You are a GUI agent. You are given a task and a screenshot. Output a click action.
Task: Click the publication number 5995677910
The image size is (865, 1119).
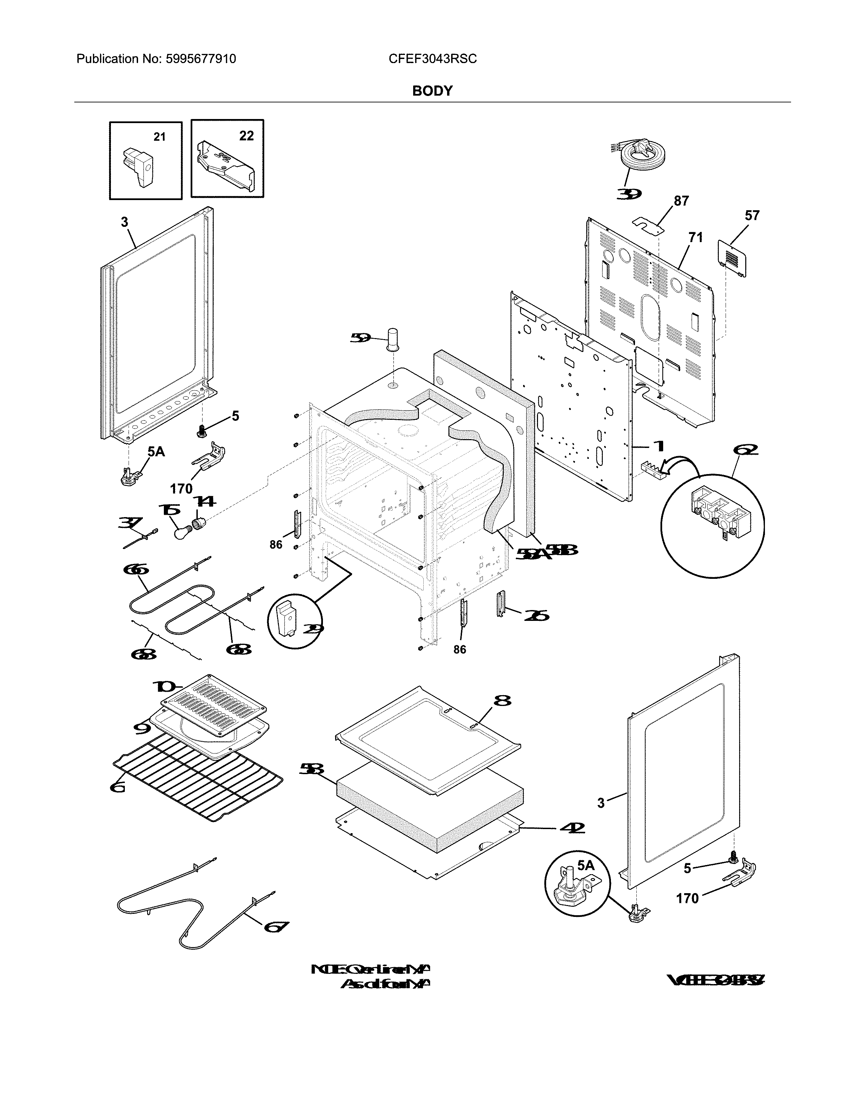click(200, 59)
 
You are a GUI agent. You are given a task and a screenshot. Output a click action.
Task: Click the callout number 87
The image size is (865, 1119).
click(681, 201)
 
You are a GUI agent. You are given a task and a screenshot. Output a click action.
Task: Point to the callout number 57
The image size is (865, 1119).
click(752, 216)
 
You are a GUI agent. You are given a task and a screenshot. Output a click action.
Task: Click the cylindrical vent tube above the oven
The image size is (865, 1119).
click(393, 339)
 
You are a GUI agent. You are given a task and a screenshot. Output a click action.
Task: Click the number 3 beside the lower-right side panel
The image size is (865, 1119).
click(601, 803)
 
